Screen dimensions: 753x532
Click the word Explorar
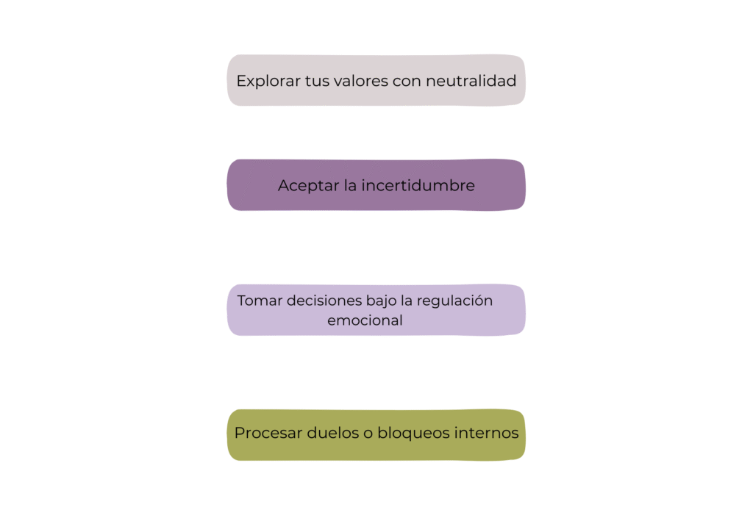(268, 81)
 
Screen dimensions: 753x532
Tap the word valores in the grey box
(360, 81)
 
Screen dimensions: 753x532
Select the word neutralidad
(471, 81)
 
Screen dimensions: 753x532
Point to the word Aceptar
(308, 186)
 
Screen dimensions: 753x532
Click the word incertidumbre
(418, 185)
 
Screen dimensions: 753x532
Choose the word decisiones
(324, 301)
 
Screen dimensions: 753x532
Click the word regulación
(454, 301)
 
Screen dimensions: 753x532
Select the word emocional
(365, 320)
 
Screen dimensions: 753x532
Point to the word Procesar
(268, 434)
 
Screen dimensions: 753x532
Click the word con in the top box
(406, 81)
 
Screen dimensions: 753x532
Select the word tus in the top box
(317, 81)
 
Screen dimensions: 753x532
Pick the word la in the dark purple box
(350, 185)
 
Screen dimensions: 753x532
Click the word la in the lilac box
(406, 301)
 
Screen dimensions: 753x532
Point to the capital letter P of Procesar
(240, 434)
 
